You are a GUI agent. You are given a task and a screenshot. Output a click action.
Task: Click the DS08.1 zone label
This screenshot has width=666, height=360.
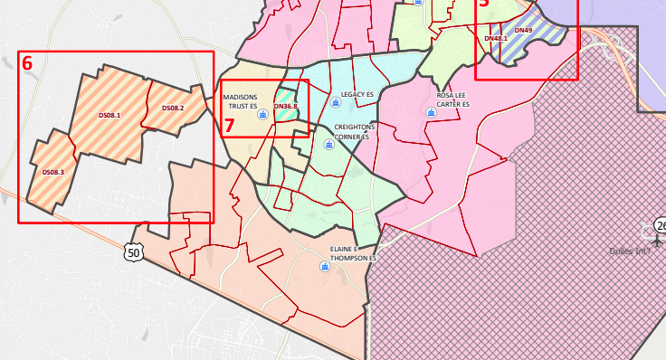point(109,115)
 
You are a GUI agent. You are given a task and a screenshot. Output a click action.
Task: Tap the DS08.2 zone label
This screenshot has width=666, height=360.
point(173,109)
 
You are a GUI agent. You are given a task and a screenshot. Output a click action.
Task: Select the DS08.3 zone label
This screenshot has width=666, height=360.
point(52,172)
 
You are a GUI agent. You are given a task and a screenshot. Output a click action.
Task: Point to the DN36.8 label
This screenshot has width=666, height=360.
point(285,107)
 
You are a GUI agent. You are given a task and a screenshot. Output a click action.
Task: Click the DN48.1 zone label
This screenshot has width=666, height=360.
point(496,38)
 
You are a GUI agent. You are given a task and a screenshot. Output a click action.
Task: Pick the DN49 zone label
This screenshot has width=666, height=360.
point(523,31)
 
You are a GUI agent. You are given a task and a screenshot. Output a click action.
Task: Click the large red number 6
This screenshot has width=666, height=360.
point(27,63)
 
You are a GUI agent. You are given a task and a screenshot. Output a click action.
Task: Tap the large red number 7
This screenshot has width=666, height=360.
point(230,125)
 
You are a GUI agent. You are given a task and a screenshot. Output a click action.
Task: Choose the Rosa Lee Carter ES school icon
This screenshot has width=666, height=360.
point(430,113)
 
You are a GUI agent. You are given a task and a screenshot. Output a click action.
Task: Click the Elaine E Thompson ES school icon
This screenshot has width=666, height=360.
point(325,266)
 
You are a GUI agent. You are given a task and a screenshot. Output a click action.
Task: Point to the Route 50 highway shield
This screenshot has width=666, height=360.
point(134,252)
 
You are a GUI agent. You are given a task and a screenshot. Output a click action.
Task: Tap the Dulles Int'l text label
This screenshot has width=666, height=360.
point(630,251)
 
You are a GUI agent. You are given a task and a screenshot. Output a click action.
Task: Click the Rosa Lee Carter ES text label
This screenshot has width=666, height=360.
point(453,99)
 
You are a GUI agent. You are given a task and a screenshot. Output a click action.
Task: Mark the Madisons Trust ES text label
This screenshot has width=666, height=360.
point(241,101)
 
